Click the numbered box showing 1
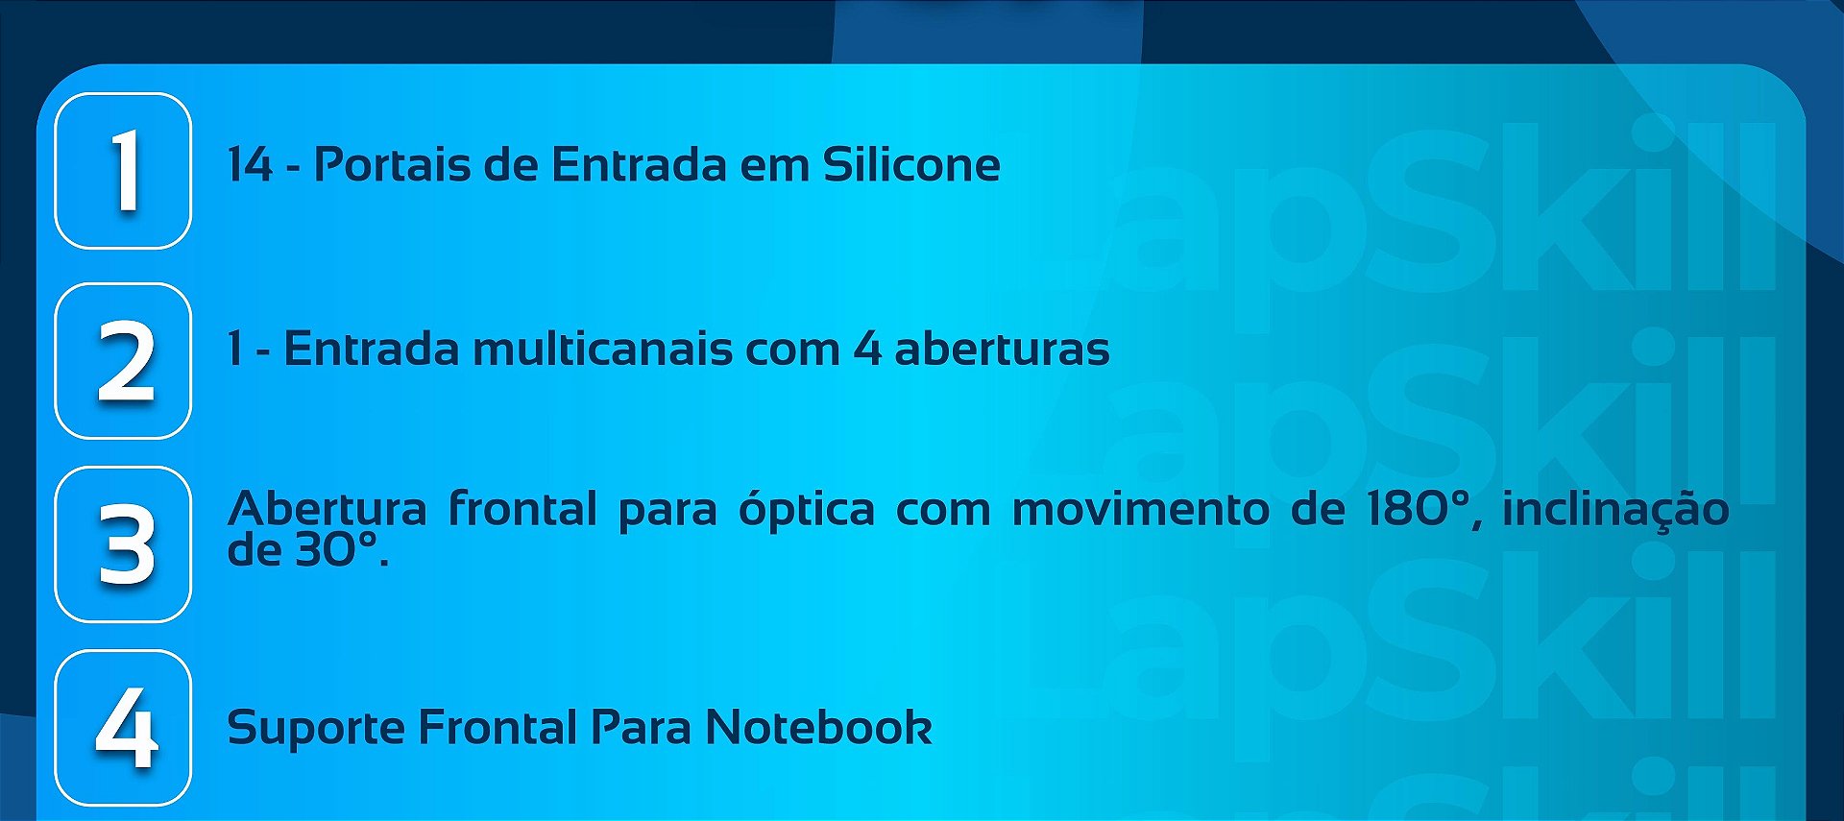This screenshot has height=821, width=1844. click(x=123, y=171)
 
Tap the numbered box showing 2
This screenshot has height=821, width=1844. click(x=123, y=361)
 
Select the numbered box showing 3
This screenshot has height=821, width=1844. click(x=123, y=544)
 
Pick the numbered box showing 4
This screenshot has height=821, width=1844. click(x=123, y=728)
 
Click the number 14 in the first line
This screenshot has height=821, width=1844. click(x=250, y=165)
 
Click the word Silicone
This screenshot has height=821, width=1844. click(x=910, y=165)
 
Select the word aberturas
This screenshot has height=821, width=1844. click(x=1002, y=349)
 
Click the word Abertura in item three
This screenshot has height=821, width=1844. click(x=327, y=509)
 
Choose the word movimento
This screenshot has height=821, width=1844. click(x=1140, y=509)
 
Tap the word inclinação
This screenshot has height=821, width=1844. click(x=1615, y=509)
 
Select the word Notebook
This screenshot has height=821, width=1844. click(x=818, y=728)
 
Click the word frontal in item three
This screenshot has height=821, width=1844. click(x=522, y=509)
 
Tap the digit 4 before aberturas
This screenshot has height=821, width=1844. click(x=866, y=349)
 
